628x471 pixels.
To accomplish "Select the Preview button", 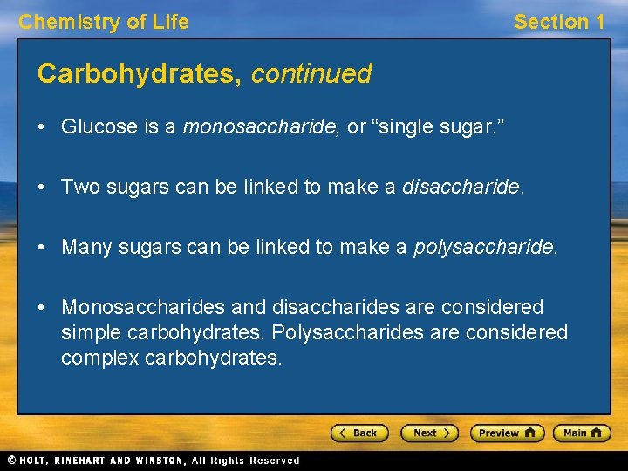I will tap(507, 433).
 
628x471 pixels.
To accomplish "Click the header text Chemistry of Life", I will tap(104, 22).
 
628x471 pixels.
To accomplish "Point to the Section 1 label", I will tap(559, 22).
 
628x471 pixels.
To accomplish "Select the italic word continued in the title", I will tap(311, 74).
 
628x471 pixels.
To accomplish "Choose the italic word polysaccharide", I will tap(483, 248).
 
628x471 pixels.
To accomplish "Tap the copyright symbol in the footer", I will tap(11, 461).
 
